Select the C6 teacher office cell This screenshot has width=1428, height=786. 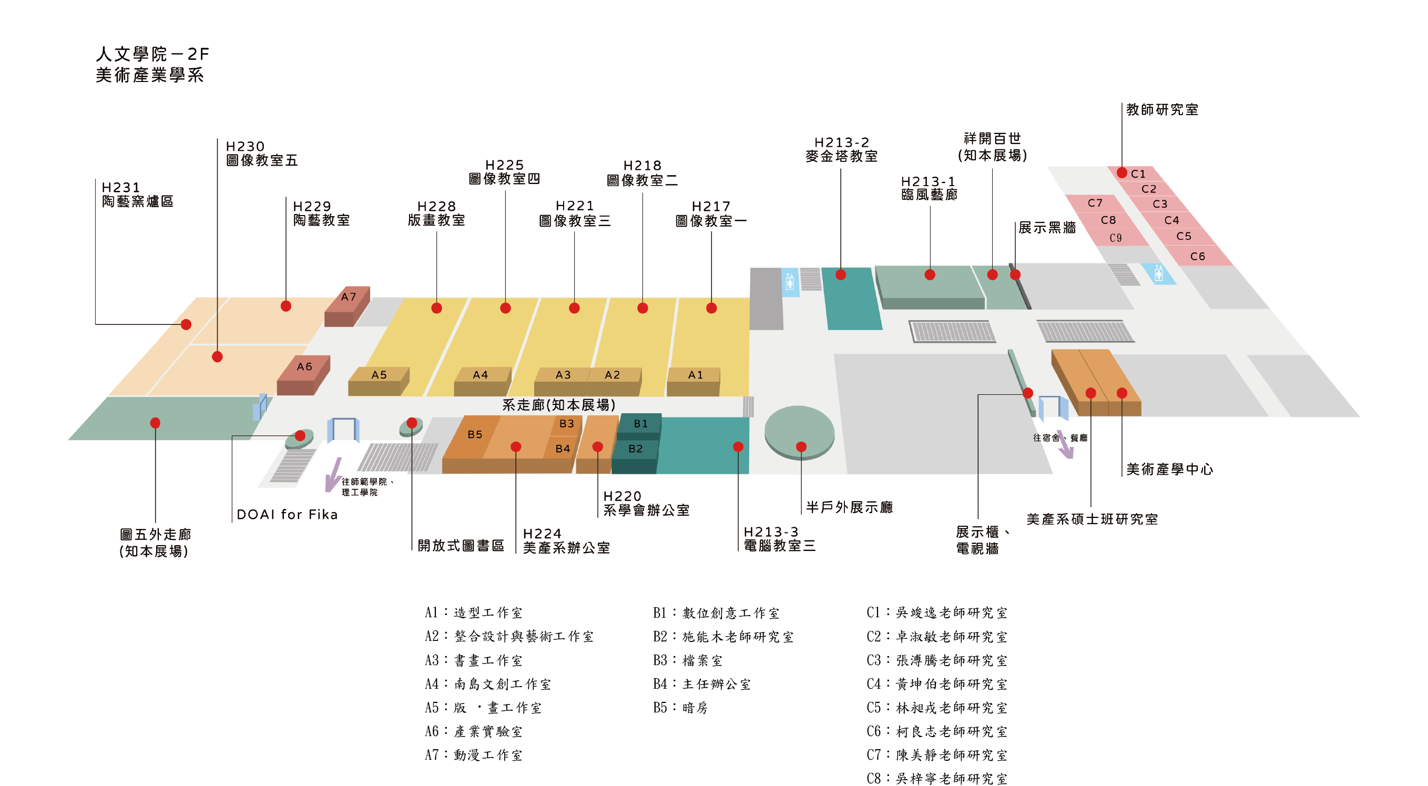1197,257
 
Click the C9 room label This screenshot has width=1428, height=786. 1115,238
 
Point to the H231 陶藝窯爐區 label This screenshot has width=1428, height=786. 137,195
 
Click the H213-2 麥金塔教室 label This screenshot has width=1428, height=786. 841,150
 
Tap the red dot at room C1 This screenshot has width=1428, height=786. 1121,173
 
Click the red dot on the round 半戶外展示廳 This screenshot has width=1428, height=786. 800,447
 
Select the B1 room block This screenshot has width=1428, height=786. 640,424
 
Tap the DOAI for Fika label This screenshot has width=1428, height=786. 287,515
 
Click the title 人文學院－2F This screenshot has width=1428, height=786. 152,54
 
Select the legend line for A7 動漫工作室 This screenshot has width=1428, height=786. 473,756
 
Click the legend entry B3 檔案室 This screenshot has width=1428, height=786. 687,661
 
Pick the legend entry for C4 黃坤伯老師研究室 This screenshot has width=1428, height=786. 937,685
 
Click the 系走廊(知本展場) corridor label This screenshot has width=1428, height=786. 558,405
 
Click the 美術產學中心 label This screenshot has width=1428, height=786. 1169,469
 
